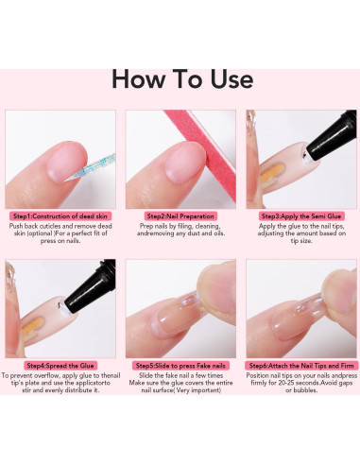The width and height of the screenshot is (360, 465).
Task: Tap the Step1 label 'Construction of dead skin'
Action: click(60, 215)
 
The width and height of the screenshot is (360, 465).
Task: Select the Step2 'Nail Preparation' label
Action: click(180, 215)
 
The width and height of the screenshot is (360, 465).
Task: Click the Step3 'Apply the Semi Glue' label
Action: click(301, 215)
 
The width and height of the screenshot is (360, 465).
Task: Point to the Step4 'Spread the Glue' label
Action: click(60, 365)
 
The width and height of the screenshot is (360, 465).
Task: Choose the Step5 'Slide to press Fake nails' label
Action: click(180, 365)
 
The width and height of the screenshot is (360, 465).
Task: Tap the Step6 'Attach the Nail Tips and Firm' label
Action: click(301, 365)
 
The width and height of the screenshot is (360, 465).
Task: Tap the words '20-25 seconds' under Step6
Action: click(294, 386)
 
